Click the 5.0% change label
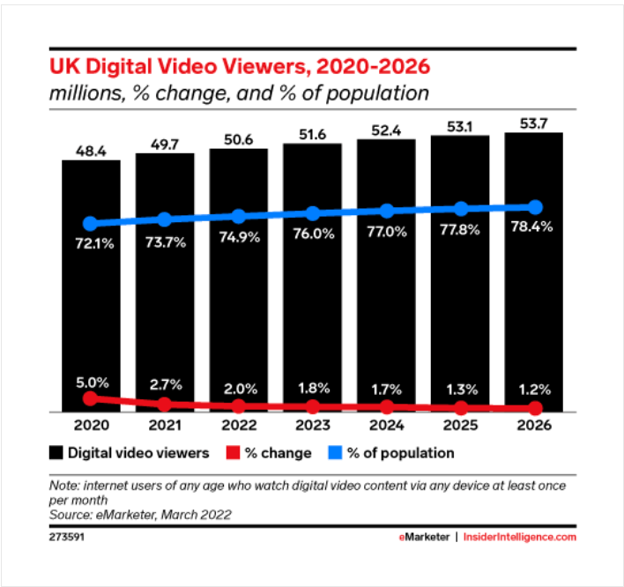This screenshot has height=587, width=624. (90, 383)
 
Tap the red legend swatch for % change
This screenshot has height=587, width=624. (233, 453)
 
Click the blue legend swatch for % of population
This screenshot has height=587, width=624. (335, 453)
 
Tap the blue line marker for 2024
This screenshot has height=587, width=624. (386, 211)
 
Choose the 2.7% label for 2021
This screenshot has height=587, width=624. (164, 384)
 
